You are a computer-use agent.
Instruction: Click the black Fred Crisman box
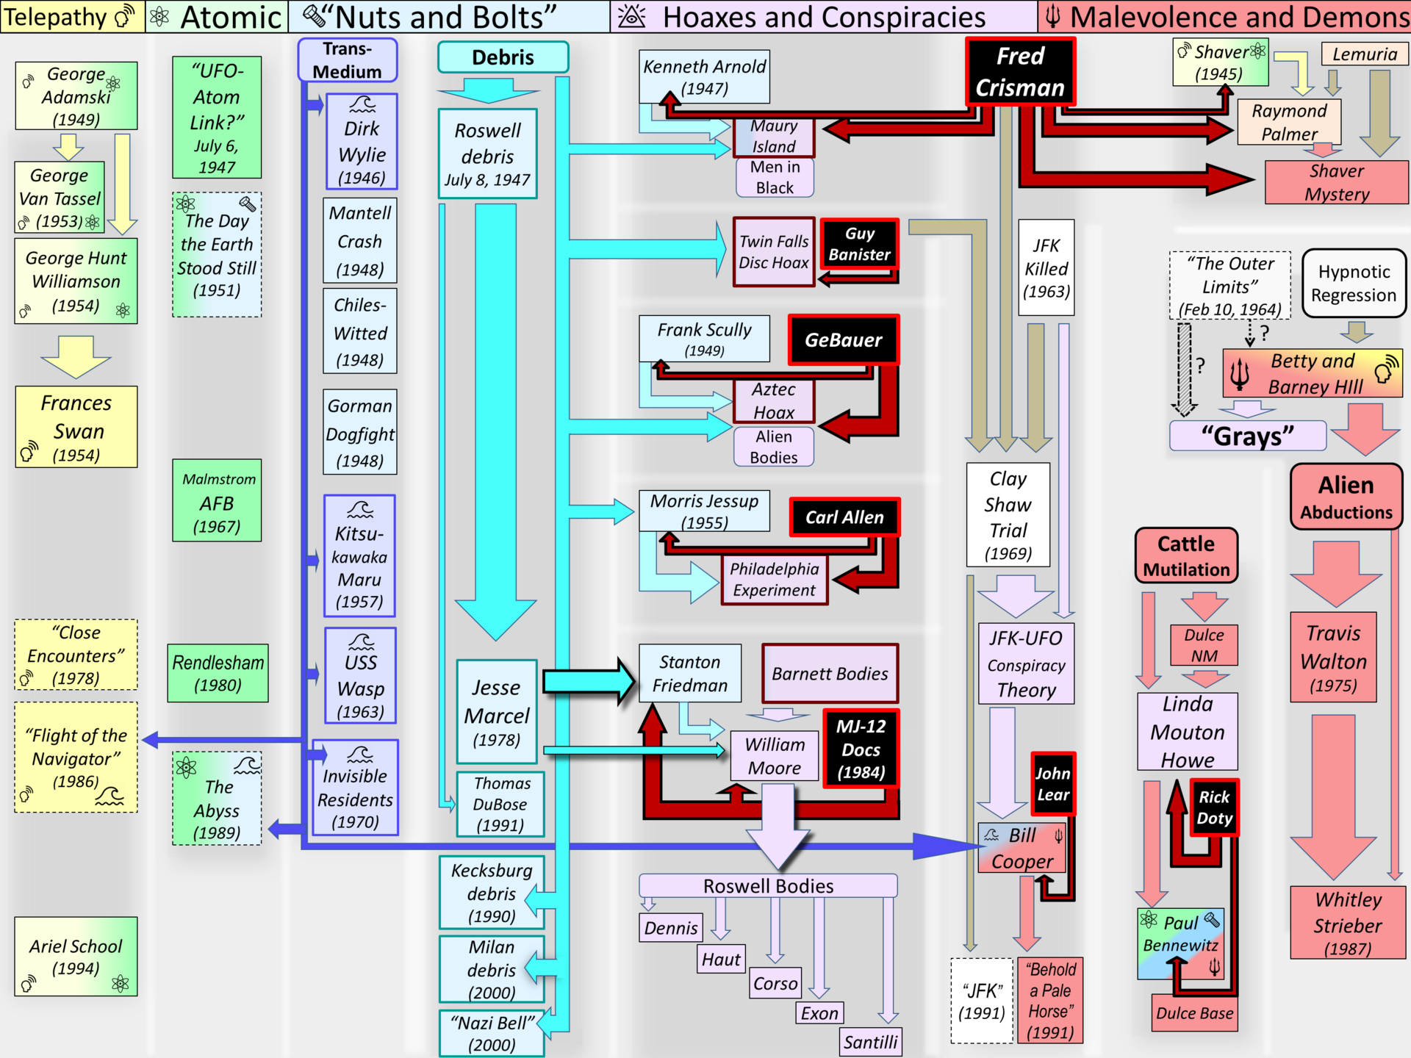click(1020, 72)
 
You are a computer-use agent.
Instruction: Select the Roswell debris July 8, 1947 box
click(488, 154)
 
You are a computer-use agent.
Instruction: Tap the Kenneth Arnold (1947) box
click(705, 77)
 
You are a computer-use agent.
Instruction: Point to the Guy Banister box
click(859, 244)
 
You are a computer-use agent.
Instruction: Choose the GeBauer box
click(844, 339)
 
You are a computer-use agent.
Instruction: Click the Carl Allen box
click(844, 517)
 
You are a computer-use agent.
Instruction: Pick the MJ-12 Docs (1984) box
click(861, 749)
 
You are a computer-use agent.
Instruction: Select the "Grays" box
click(1248, 436)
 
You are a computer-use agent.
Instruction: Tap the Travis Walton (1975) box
click(1334, 658)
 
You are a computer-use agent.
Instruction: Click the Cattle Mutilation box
click(1186, 556)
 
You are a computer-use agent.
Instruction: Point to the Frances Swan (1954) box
click(76, 427)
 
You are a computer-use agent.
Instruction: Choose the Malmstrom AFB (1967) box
click(217, 500)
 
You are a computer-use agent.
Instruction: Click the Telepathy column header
click(72, 16)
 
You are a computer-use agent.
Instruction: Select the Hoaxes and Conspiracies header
click(824, 16)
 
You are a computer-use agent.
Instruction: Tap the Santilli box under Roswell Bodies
click(871, 1042)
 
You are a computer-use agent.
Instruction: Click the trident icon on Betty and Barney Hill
click(1240, 373)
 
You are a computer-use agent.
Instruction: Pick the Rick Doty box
click(1214, 807)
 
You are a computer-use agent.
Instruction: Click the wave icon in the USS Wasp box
click(361, 641)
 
